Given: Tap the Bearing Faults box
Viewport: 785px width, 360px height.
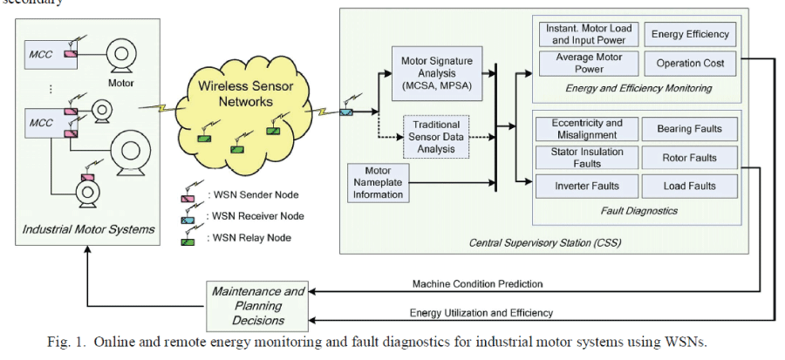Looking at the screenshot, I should pos(689,129).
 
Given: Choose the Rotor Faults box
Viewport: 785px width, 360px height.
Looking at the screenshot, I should pos(689,158).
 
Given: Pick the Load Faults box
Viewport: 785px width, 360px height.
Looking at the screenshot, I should pos(689,186).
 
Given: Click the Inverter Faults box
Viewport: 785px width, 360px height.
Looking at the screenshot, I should pos(587,186).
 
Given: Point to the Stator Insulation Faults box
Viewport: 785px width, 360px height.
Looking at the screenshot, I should pos(587,158).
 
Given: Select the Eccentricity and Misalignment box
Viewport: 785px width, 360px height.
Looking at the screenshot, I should pos(587,129).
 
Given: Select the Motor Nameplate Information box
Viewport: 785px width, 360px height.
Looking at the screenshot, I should pos(379,182).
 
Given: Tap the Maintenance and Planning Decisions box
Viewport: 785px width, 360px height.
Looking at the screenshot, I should pos(257,306).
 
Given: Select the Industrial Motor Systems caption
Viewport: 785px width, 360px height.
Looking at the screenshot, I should pos(90,229).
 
